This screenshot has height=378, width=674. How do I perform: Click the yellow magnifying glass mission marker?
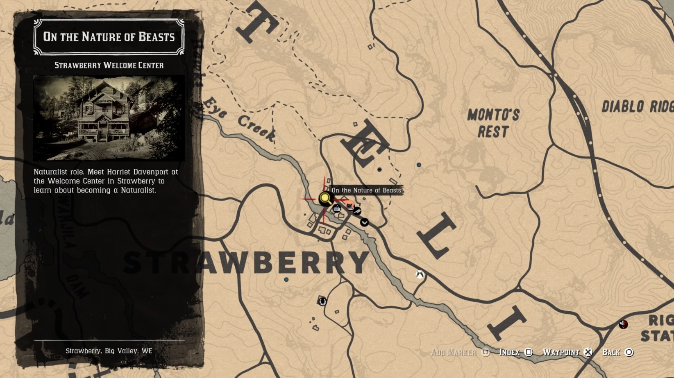[325, 199]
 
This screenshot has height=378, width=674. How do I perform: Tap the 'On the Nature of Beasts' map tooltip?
[366, 190]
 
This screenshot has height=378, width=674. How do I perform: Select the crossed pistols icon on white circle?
[420, 274]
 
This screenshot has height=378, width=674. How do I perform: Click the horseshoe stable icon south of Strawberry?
[322, 301]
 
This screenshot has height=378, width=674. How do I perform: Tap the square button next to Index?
[529, 352]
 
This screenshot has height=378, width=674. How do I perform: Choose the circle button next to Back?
[629, 352]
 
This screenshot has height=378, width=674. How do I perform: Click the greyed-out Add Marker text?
[454, 352]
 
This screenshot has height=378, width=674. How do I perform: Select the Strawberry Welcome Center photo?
[109, 118]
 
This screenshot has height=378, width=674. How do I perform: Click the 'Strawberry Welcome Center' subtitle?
[109, 66]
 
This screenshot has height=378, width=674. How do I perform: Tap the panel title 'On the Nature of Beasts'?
[109, 37]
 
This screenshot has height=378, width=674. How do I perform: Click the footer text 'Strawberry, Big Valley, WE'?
[109, 351]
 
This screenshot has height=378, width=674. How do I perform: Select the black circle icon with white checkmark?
[364, 222]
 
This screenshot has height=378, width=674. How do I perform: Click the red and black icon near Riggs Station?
[623, 324]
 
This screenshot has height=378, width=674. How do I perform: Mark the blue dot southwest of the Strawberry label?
[286, 280]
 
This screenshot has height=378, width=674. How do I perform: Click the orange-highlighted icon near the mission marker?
[349, 206]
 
